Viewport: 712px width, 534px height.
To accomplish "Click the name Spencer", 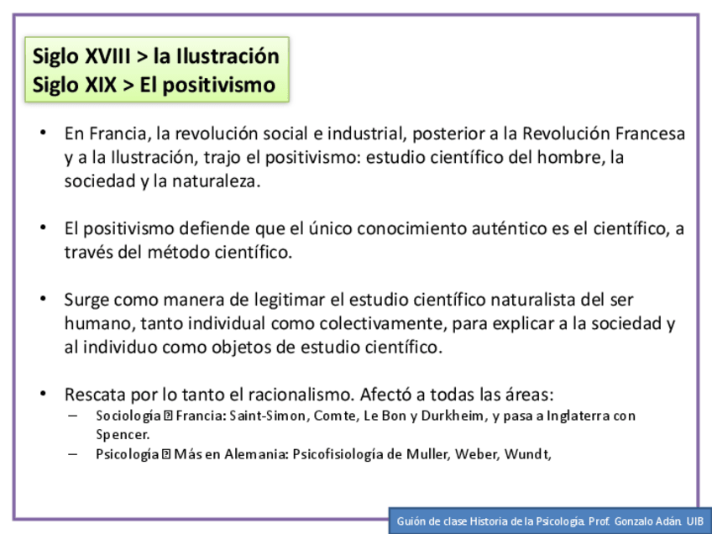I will tap(122, 434).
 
